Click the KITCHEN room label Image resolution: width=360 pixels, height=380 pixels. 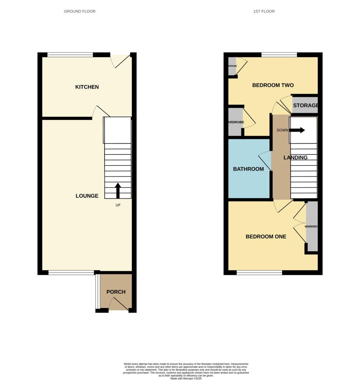coord(87,87)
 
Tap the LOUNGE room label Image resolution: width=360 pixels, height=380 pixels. coord(87,196)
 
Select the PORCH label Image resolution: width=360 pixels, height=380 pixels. coord(116,292)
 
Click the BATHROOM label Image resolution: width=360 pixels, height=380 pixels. coord(248,169)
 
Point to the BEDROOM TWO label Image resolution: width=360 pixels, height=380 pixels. coord(273,85)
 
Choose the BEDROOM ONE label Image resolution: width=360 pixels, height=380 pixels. coord(266,236)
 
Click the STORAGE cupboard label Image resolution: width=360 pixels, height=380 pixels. coord(305,105)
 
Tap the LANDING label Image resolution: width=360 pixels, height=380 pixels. coord(295,157)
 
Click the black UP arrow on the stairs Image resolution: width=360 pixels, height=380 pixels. coord(118,190)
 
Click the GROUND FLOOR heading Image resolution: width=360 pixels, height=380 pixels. coord(80,12)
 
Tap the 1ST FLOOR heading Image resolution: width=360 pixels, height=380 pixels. coord(264,12)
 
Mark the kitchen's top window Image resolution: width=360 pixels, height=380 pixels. coord(70,55)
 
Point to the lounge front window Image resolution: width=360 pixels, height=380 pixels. coord(71,273)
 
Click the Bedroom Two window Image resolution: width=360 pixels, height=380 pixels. coord(279,55)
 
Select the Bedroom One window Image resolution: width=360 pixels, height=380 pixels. coord(259,273)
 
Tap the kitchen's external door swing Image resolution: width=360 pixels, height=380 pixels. coord(121,61)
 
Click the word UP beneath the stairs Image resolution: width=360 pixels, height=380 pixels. coord(118,205)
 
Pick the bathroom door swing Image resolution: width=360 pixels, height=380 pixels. coord(265,161)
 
